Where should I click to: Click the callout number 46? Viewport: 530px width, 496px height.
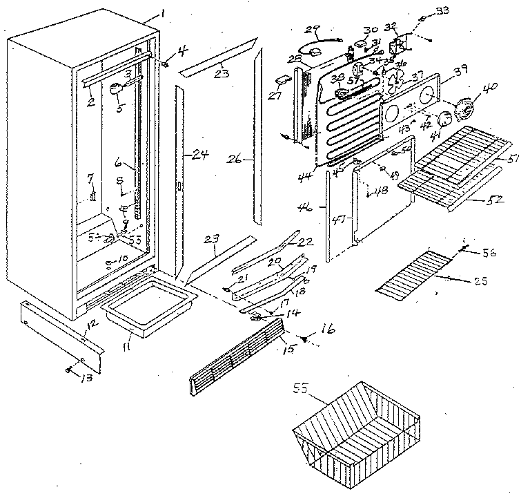[322, 205]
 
